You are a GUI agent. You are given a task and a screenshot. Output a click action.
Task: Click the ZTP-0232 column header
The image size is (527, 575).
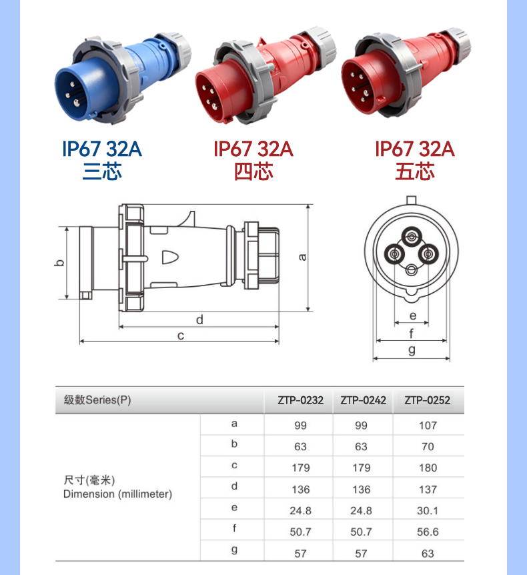coord(300,400)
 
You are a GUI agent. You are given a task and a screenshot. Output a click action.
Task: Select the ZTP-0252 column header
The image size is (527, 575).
coord(427,400)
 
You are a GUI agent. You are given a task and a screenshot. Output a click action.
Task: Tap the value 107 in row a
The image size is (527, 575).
coord(428,426)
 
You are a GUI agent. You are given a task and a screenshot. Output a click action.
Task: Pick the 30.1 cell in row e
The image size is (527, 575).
coord(428,510)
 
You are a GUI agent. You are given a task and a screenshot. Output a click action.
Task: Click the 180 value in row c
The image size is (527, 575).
coord(428,468)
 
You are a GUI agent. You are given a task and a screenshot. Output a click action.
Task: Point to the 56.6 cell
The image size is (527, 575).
coord(428,532)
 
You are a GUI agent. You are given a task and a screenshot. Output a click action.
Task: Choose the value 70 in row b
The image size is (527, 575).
coord(428,447)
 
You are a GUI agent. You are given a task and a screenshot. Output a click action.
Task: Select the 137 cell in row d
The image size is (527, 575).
coord(428,489)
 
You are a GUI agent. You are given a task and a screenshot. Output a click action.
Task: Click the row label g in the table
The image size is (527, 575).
coord(234,550)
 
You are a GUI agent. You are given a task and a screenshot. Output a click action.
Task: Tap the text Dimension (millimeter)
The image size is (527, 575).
coord(117,494)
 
